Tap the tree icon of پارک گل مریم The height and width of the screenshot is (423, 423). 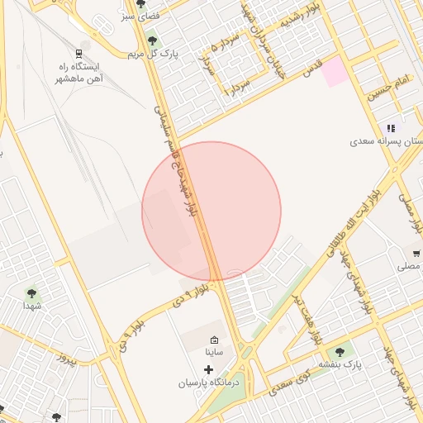[x=151, y=39]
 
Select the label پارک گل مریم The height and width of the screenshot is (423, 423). [x=148, y=54]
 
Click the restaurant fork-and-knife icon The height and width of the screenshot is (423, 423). [x=391, y=128]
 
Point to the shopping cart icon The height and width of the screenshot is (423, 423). [x=416, y=253]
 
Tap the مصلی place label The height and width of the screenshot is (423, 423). [x=409, y=266]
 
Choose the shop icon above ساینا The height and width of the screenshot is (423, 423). [x=215, y=339]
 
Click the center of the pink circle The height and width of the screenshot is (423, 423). [x=211, y=211]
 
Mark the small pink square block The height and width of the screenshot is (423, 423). [x=335, y=73]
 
